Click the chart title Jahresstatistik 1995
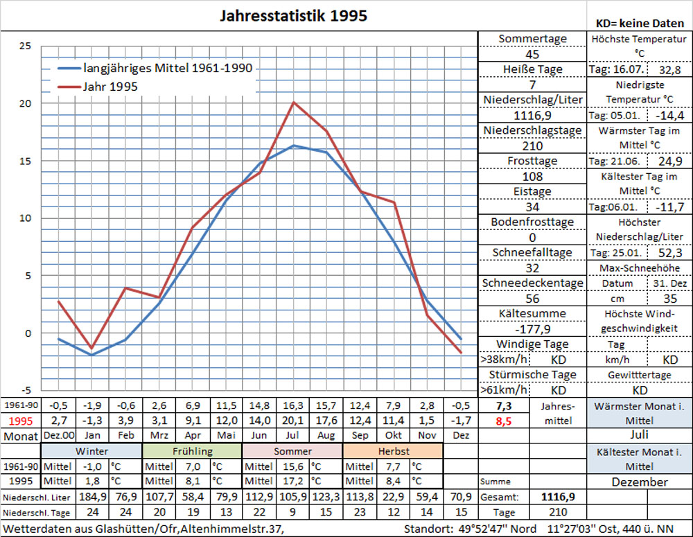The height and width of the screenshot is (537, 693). (x=293, y=16)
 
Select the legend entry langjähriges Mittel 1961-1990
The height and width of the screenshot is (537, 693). (x=167, y=69)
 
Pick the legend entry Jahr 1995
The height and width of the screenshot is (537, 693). (x=110, y=87)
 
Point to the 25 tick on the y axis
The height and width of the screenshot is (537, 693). (x=25, y=46)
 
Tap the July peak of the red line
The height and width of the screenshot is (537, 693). (x=294, y=103)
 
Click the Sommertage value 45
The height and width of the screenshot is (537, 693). (x=532, y=55)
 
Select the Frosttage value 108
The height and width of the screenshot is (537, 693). (x=532, y=177)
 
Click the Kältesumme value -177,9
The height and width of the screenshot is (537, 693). (x=532, y=328)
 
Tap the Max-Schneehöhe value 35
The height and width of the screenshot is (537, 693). (x=669, y=299)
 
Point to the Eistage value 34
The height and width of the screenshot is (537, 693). (x=532, y=206)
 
